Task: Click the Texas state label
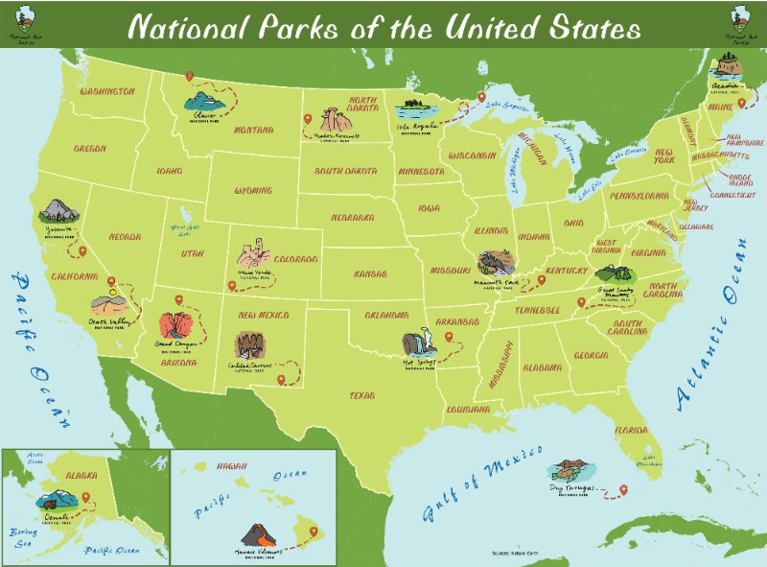tap(363, 394)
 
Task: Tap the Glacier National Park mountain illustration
tap(203, 101)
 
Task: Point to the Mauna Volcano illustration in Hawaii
tap(255, 534)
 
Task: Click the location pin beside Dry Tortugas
tap(623, 490)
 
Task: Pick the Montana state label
tap(253, 130)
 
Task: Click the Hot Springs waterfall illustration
tap(417, 343)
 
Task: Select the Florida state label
tap(633, 429)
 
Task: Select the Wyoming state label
tap(253, 190)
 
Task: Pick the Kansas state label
tap(370, 273)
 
